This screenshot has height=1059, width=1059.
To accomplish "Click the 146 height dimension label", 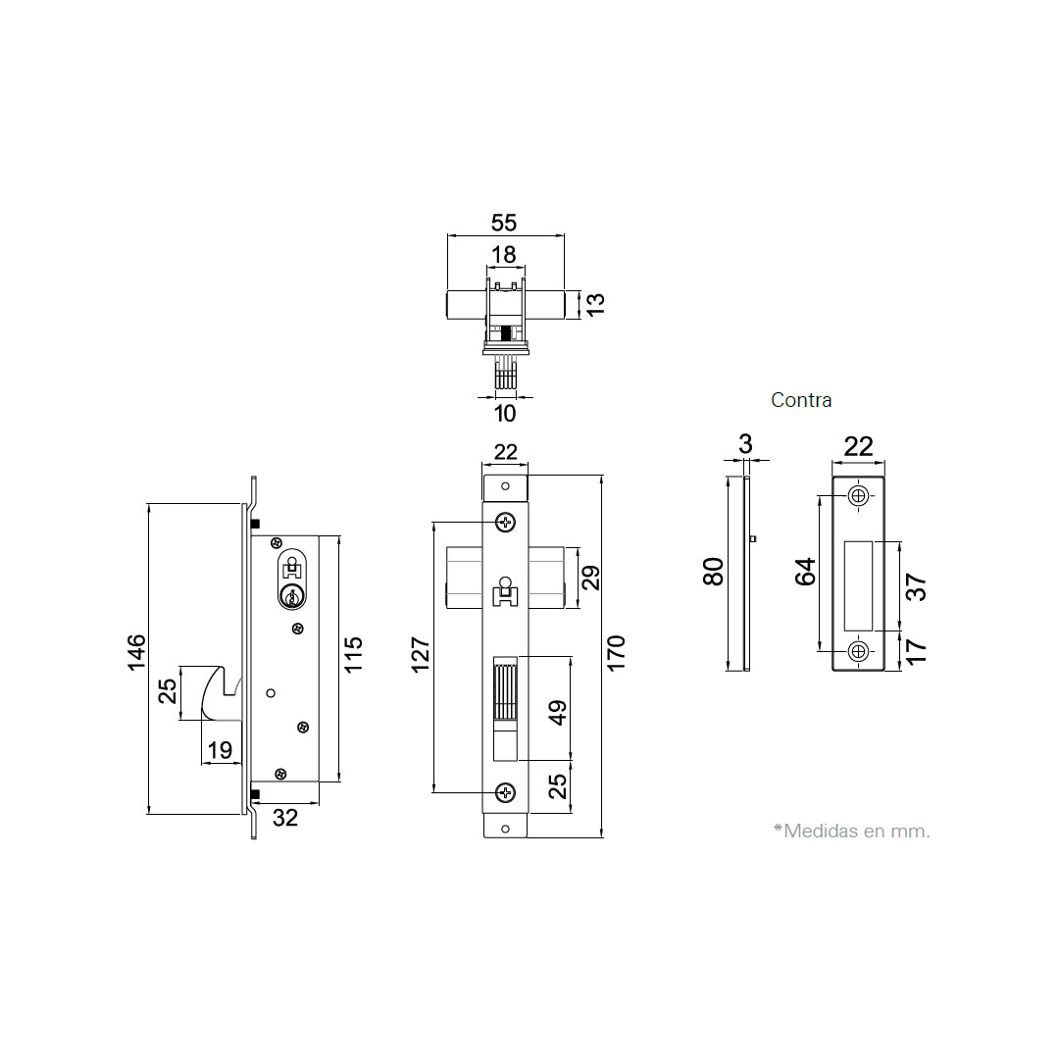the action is pos(136,652).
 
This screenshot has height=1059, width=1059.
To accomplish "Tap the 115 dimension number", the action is pos(353,654).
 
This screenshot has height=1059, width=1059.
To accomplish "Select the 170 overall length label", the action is pos(616,653).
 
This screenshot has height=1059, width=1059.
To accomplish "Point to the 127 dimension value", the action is pos(420,654).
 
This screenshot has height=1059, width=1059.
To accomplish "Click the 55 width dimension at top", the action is pos(504,223).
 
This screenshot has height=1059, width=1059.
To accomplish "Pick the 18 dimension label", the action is pos(503,255).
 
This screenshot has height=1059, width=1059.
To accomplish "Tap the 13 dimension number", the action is pos(595,304).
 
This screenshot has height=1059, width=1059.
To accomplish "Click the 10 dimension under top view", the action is pos(505,414).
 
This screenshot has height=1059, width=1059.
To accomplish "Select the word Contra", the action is pos(801,400).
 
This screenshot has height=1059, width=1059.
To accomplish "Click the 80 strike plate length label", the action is pos(713,572).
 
